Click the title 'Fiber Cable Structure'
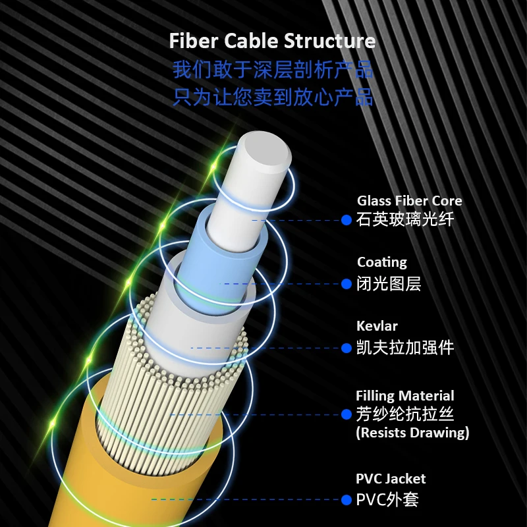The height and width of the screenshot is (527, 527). tap(272, 41)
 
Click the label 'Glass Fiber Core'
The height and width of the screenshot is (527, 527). tap(409, 201)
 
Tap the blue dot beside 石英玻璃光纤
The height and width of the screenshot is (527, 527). tap(347, 220)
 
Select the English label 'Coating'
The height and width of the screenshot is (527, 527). tap(381, 262)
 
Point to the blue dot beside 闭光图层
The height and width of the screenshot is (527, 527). tap(347, 284)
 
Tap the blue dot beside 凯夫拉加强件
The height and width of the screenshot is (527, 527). tap(347, 348)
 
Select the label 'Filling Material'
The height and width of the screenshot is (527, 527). tap(404, 396)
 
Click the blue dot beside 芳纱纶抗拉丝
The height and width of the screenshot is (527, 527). tap(347, 415)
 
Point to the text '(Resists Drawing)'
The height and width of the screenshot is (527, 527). tap(412, 433)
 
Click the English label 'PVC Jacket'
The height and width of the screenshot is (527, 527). tap(391, 479)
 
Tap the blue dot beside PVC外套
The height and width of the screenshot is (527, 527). tap(347, 501)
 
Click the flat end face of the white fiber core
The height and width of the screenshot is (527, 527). tap(266, 150)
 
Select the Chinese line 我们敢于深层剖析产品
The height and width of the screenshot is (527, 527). tap(273, 69)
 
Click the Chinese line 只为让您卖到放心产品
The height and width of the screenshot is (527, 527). tap(273, 97)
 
